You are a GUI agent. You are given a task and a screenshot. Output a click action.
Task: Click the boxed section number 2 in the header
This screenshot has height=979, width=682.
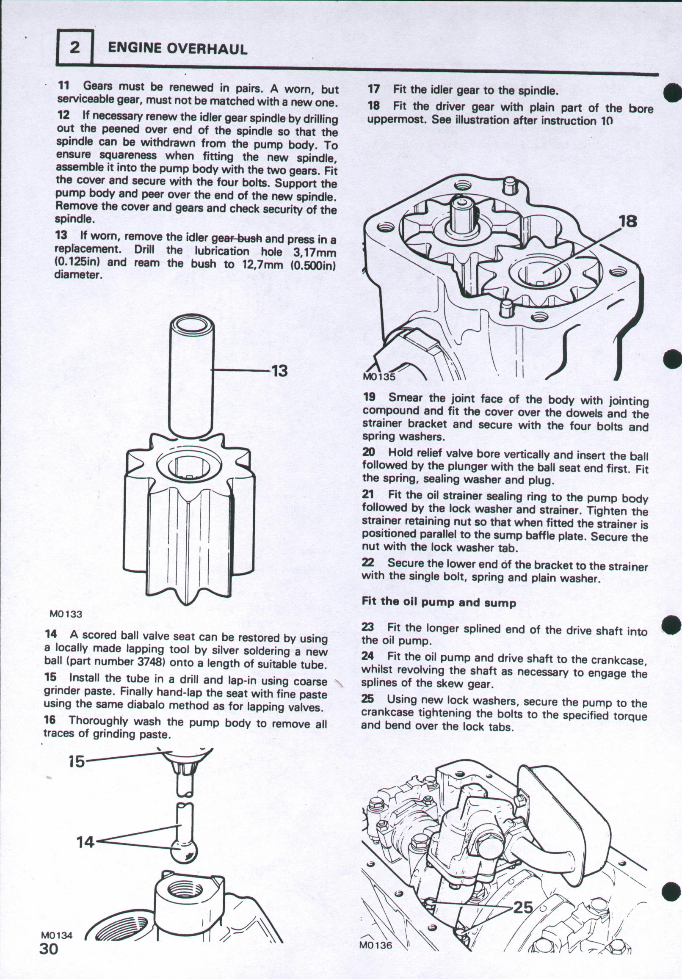tap(75, 47)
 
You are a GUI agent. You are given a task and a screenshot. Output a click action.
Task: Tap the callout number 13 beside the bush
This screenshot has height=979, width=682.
tap(279, 370)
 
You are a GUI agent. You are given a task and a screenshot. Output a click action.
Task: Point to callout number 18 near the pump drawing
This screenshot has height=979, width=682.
tap(628, 222)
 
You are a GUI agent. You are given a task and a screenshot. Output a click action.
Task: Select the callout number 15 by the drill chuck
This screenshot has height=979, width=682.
tap(77, 761)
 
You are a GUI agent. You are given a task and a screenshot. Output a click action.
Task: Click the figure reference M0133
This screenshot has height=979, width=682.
tap(66, 614)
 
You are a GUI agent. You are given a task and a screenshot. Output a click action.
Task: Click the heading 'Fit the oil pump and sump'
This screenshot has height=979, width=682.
tap(439, 603)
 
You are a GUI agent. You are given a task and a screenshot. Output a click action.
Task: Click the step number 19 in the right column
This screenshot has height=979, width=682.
tap(369, 397)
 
